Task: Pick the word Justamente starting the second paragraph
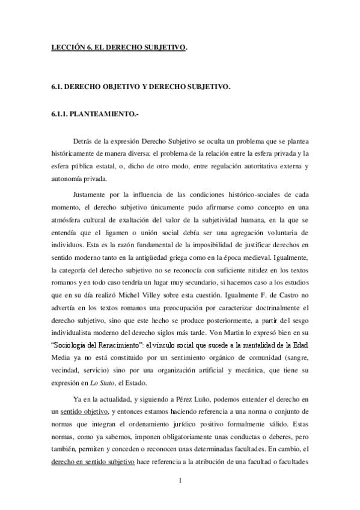tap(91, 194)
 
